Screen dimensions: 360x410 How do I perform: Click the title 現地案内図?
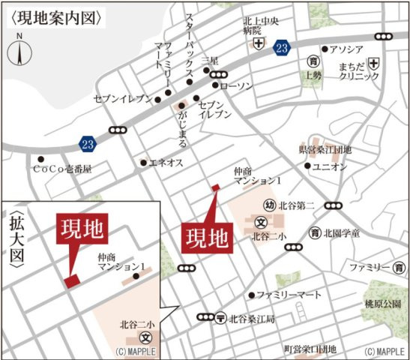[55, 16]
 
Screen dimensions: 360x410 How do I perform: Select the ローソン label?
[238, 85]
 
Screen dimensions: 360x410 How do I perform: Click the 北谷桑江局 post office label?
[253, 319]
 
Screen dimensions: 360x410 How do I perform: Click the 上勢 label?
[313, 75]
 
